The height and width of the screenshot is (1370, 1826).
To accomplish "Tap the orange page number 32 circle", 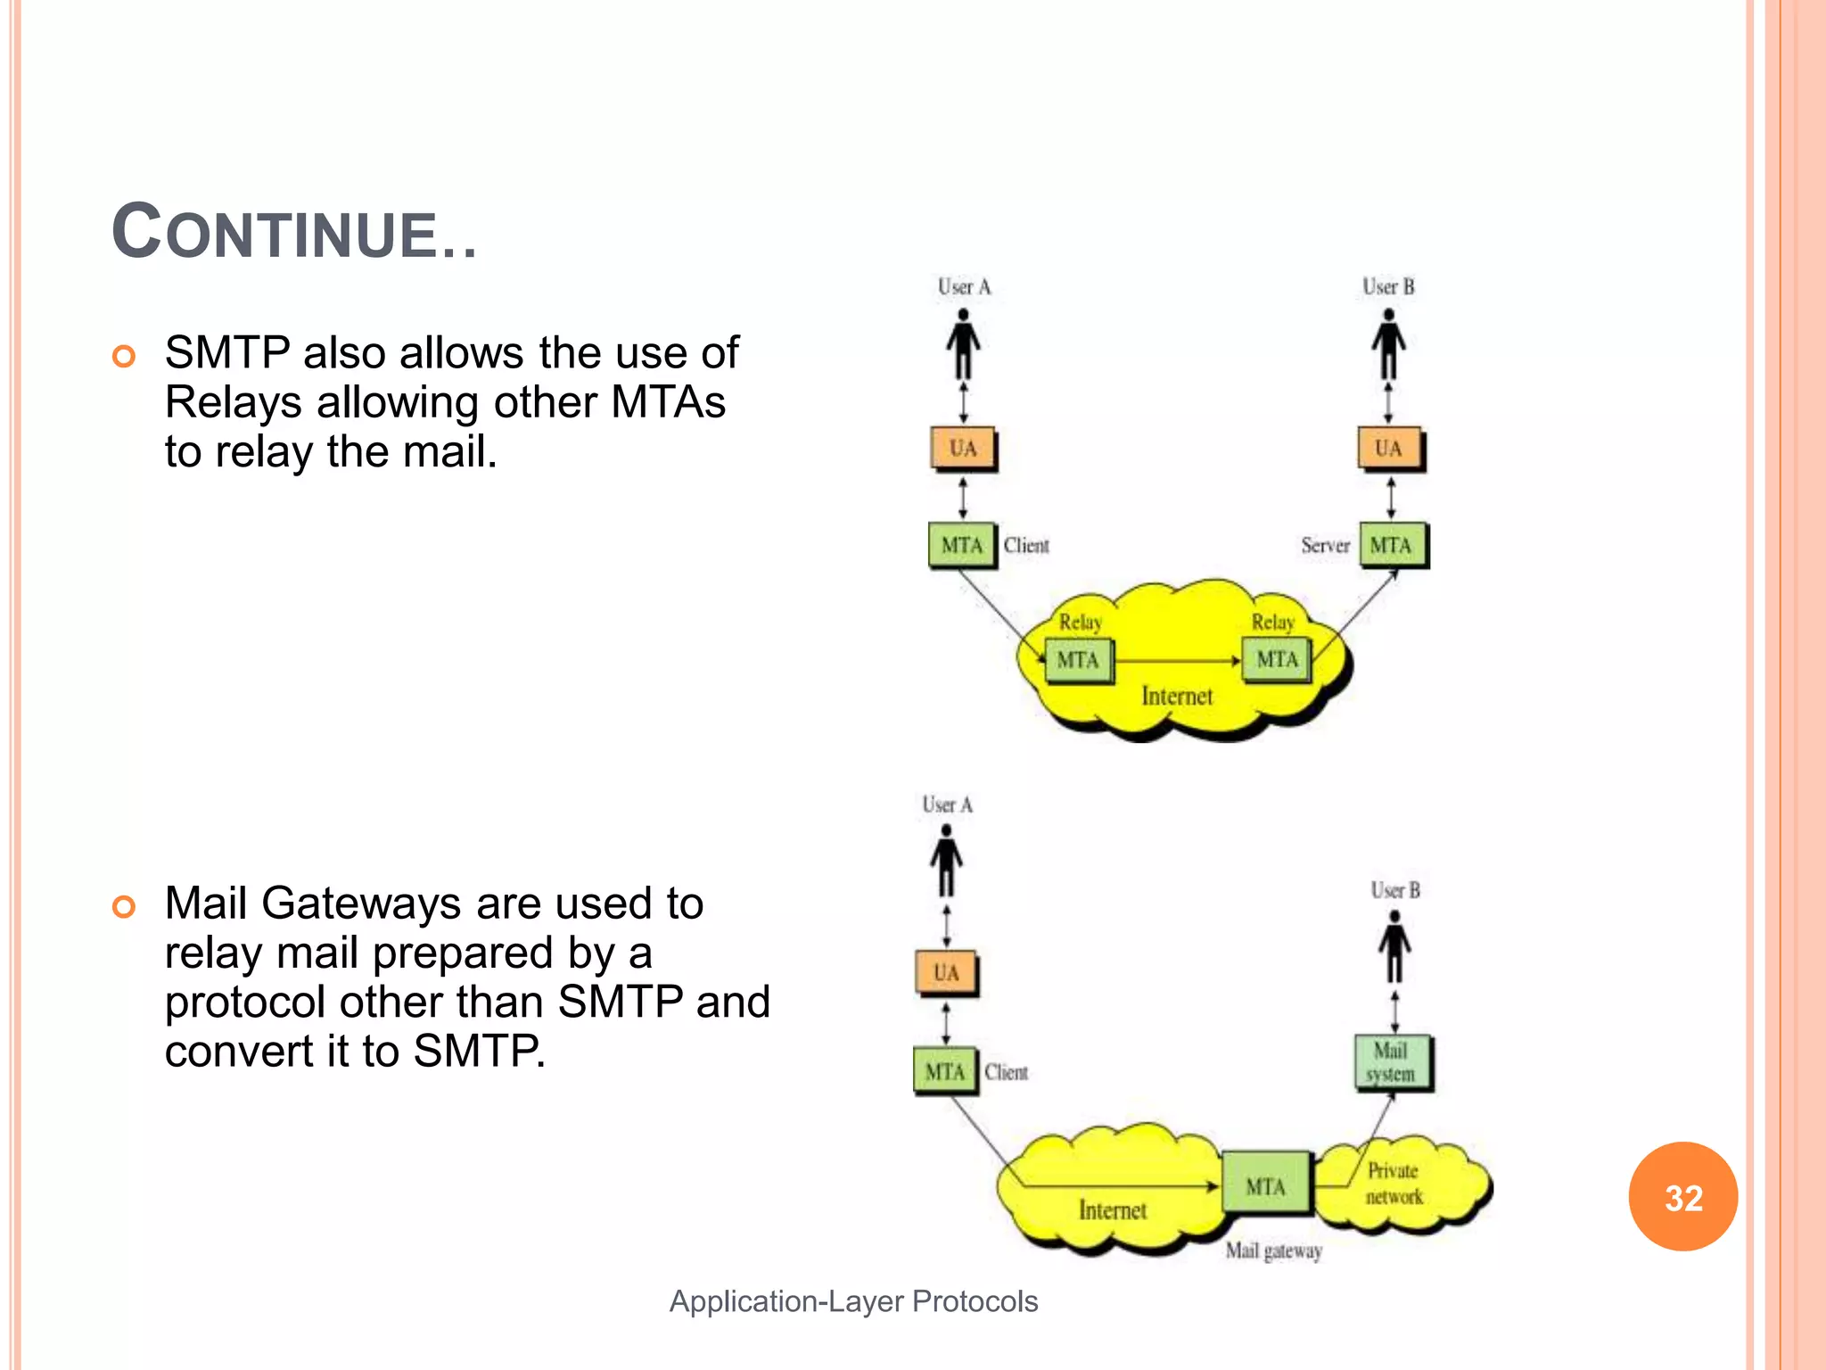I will (1682, 1197).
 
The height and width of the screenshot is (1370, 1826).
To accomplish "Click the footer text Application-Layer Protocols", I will (853, 1301).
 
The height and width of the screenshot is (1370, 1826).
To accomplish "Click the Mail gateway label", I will (1273, 1250).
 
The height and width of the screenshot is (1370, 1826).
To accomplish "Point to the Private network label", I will (1394, 1184).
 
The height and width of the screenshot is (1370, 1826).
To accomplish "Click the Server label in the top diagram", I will (1325, 545).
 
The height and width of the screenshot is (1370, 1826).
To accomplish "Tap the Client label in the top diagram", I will (1026, 545).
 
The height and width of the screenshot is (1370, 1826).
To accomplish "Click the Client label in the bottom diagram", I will (1007, 1072).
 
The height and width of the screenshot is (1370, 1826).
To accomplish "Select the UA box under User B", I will (1388, 449).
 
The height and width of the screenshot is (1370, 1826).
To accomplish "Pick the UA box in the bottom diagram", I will (946, 973).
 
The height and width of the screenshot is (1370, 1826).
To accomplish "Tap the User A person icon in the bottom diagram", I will (946, 860).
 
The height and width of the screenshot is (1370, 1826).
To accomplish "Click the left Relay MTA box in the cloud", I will (1078, 661).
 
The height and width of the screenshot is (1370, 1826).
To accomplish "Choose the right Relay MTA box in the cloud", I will (1277, 660).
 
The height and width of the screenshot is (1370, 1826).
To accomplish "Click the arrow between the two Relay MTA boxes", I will (1177, 661).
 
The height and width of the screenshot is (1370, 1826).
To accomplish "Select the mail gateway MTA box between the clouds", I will (1266, 1185).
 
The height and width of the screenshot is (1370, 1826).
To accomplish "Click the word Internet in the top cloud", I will (1177, 697).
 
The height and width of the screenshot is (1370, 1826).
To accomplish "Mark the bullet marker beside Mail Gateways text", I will (124, 907).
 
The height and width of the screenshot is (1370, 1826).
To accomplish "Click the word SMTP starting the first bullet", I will (227, 353).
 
